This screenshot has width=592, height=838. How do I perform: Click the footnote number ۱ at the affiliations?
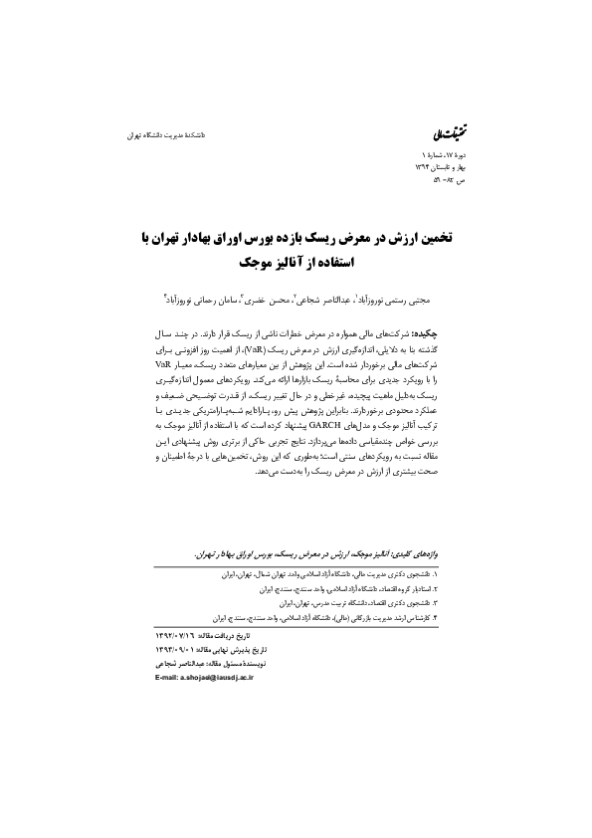tap(434, 575)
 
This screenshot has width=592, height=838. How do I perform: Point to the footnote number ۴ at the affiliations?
tap(434, 617)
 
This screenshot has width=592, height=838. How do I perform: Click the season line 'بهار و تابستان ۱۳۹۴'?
tap(413, 169)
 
